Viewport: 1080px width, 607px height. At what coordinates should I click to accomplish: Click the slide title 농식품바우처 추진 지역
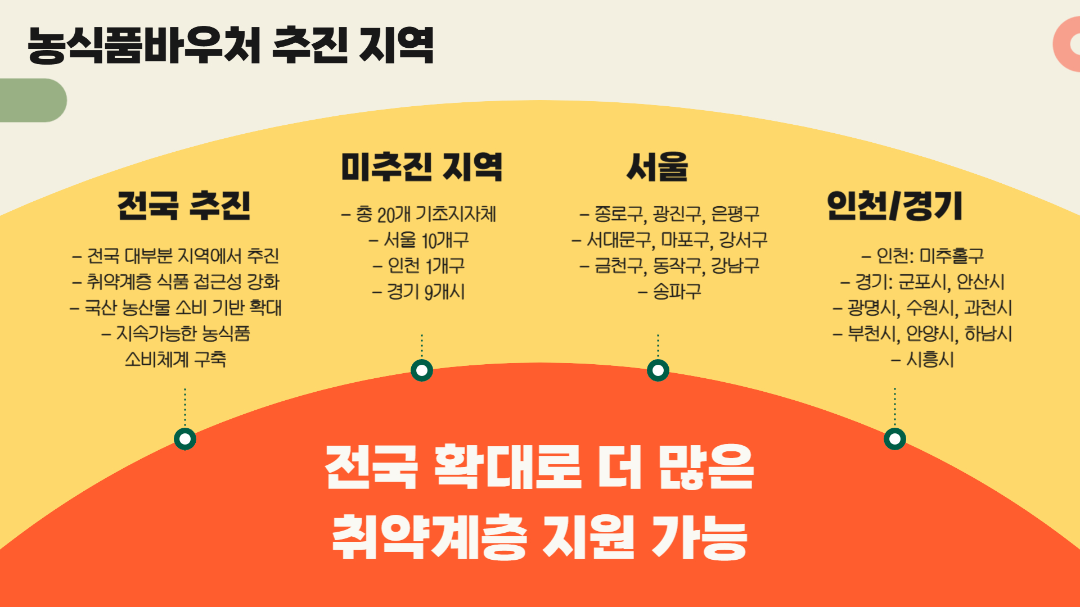coord(231,45)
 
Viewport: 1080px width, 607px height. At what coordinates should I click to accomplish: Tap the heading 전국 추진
coord(184,205)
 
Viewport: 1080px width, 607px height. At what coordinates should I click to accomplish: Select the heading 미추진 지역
coord(421,167)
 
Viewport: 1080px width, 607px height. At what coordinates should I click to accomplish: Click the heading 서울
coord(657,167)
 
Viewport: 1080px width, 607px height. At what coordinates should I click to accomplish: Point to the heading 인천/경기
coord(894,205)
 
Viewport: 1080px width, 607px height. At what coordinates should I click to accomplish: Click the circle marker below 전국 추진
coord(185,438)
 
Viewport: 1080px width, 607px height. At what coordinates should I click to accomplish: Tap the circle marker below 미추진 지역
coord(422,370)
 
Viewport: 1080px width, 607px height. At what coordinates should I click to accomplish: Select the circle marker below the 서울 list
coord(658,370)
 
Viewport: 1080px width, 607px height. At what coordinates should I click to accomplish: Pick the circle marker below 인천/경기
coord(895,438)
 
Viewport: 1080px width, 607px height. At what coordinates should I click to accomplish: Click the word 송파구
coord(677,291)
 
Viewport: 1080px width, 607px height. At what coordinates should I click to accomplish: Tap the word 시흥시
coord(930,359)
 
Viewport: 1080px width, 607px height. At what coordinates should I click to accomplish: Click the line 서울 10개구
coord(426,240)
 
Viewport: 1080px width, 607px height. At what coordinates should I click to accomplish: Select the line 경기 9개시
coord(426,292)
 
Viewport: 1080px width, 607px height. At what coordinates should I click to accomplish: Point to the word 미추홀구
coord(952,256)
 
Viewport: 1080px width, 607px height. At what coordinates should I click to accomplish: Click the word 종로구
coord(618,214)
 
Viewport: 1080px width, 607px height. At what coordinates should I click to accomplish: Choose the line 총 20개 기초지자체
coord(426,214)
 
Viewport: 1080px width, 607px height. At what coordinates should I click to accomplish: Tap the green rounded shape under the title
coord(31,100)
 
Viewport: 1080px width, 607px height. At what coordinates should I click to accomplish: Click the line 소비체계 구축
coord(175,359)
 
